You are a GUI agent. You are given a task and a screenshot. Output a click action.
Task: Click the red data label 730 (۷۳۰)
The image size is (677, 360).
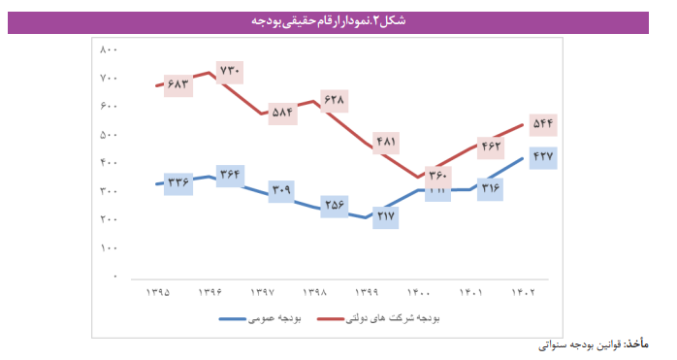229,71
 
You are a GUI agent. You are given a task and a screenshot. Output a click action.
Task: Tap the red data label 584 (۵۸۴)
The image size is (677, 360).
282,111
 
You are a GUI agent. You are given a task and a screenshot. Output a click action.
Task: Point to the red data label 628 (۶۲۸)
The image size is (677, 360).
335,99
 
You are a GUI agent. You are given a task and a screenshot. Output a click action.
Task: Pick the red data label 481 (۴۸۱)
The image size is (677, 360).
386,142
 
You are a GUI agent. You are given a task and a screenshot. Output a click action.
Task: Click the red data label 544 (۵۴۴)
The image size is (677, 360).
542,123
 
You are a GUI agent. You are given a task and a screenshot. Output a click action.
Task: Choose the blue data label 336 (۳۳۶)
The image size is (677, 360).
177,181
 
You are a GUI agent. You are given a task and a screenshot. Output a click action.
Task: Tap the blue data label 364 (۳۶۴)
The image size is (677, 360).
229,175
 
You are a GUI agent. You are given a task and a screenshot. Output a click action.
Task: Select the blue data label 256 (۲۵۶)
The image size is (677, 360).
335,205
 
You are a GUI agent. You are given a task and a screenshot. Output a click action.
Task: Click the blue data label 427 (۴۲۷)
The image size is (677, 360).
542,156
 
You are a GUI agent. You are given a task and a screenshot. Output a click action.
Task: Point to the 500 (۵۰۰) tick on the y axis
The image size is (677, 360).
109,134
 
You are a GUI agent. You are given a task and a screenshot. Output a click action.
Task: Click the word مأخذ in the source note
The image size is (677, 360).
636,344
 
